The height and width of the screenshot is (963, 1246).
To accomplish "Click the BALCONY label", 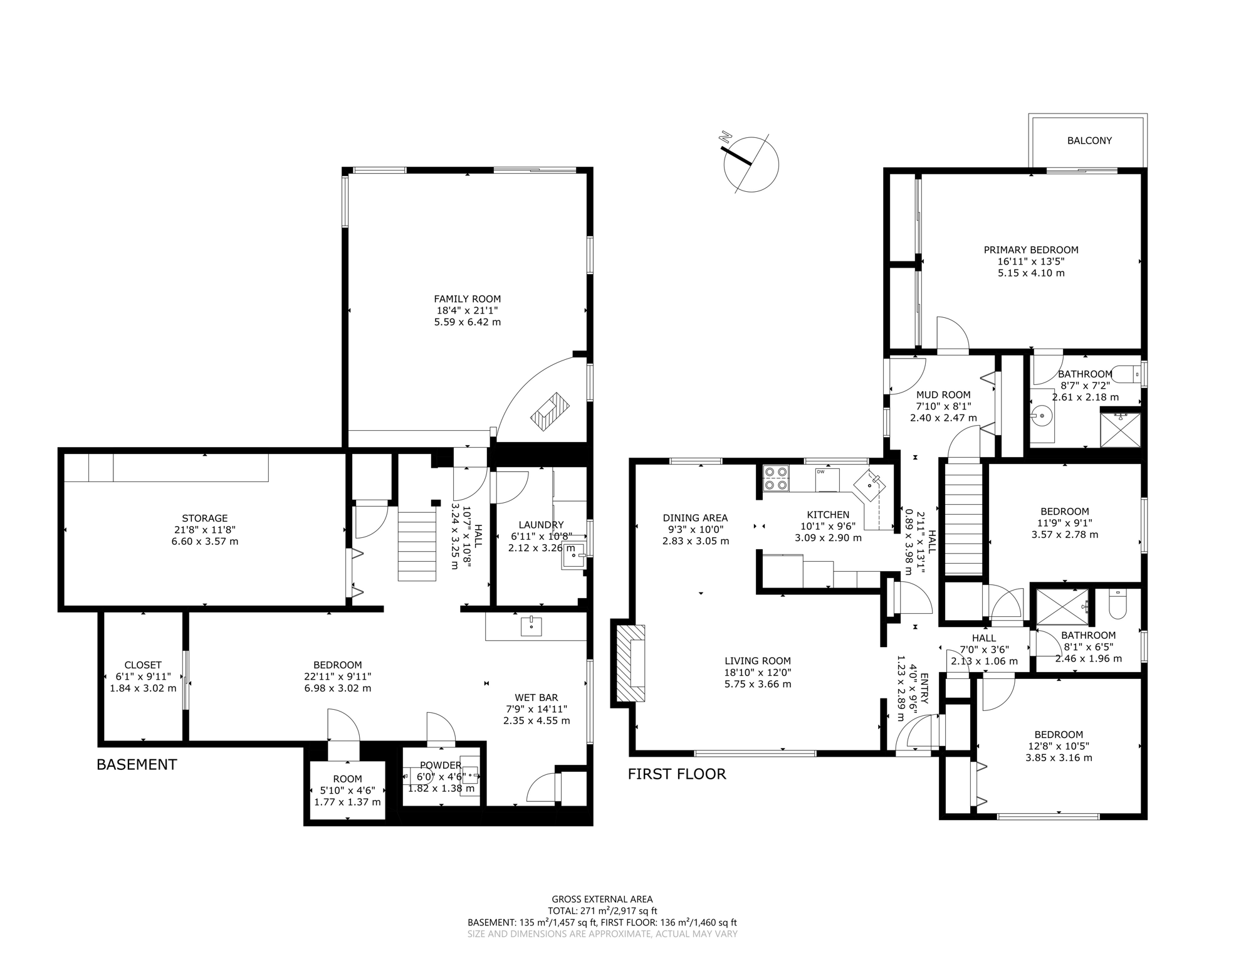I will pos(1089,140).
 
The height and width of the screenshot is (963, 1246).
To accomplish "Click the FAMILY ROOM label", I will pos(468,299).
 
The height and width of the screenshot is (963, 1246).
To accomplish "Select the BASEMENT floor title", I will pos(137,764).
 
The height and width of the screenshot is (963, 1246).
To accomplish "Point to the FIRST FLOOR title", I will pos(677,774).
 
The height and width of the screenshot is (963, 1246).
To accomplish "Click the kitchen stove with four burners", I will pos(776,478).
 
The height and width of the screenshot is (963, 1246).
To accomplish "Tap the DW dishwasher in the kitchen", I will pos(827,480).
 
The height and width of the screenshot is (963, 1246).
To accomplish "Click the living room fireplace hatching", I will pos(631,663).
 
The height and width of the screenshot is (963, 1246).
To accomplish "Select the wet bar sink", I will pos(531,626).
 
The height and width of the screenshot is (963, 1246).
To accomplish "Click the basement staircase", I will pos(417,545).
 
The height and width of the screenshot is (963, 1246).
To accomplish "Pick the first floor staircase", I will pos(963,518).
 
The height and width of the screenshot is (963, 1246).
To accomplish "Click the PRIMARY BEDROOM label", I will pos(1031,250).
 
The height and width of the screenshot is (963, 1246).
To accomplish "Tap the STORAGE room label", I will pos(204,518).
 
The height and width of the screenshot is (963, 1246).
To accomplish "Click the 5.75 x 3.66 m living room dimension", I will pos(758,684).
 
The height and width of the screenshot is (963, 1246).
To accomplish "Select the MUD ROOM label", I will pos(943,395).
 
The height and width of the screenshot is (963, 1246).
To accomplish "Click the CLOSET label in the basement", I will pos(143,665).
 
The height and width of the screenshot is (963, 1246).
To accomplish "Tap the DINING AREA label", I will pos(695,518).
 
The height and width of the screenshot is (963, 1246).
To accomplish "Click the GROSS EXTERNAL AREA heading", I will pos(602,899).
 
